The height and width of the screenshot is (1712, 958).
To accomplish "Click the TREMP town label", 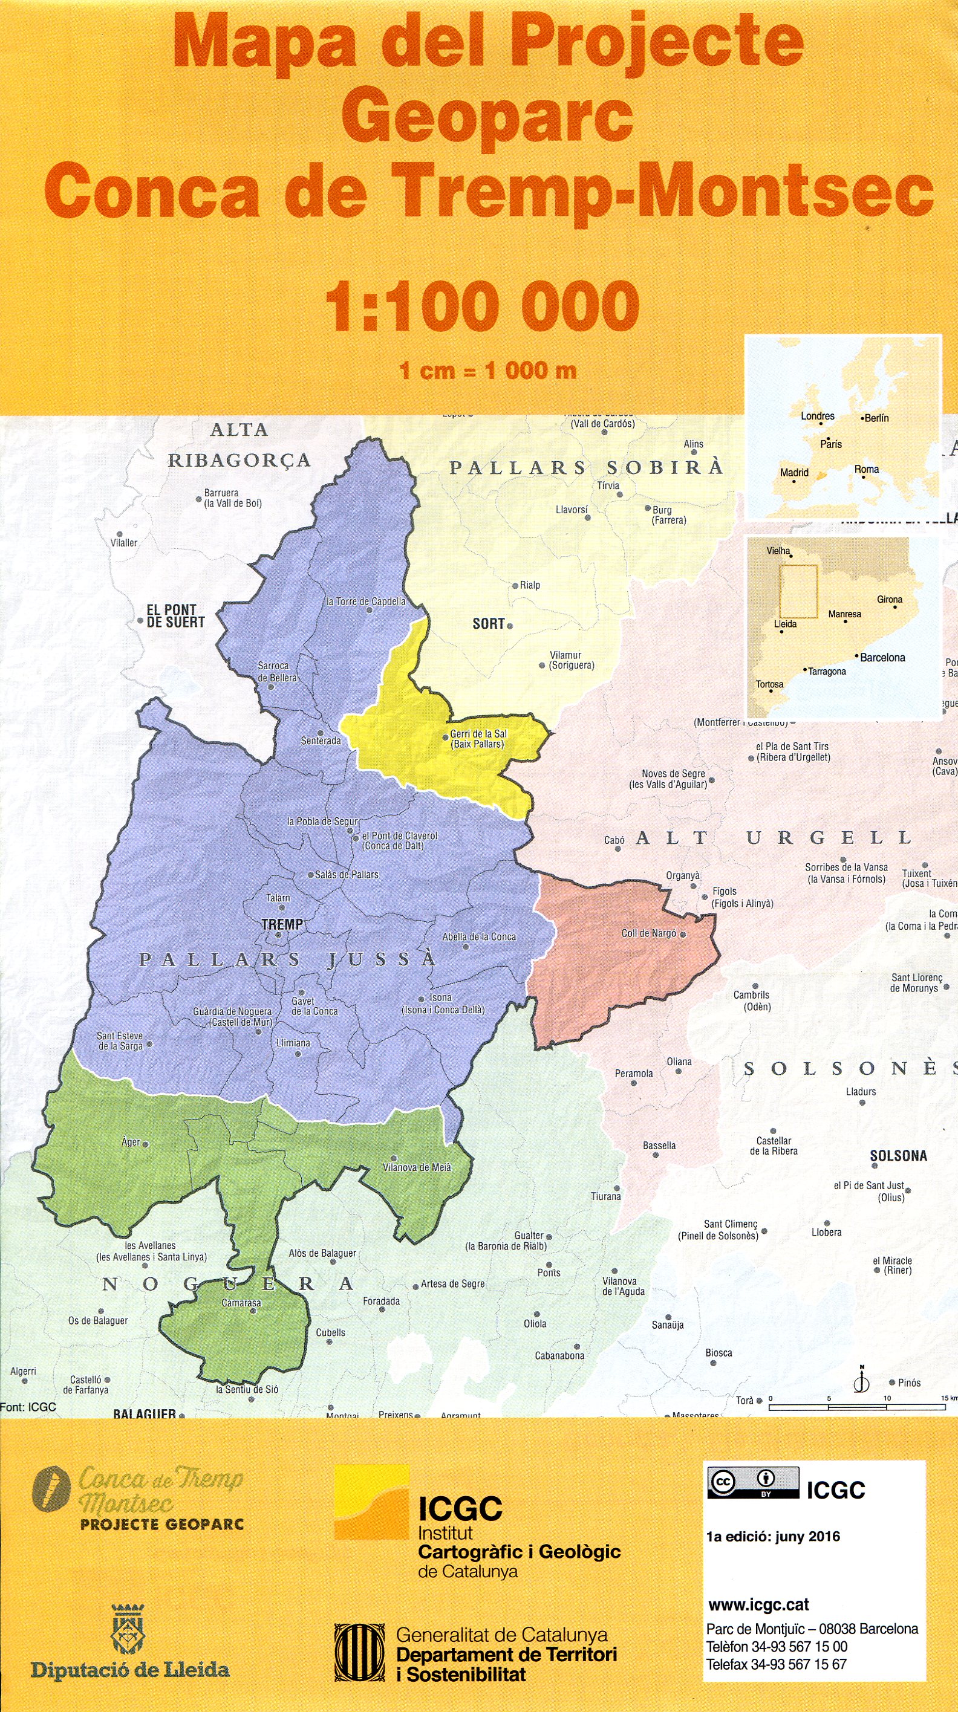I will click(x=282, y=924).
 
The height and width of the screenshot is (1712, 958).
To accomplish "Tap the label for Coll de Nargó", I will click(x=648, y=933).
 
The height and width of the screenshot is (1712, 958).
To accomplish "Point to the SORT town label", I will click(x=488, y=623).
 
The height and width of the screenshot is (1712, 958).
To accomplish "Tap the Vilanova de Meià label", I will click(x=416, y=1167).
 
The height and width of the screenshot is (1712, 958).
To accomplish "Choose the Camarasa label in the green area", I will click(x=241, y=1303).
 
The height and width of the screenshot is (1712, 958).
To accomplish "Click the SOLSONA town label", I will click(x=898, y=1156).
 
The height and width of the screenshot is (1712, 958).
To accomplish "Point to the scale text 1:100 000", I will click(x=482, y=306).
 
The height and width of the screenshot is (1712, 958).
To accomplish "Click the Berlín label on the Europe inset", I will click(x=876, y=418).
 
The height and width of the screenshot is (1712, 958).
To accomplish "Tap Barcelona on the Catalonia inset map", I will click(x=882, y=657).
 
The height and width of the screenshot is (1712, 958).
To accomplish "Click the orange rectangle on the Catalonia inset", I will click(x=798, y=591).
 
